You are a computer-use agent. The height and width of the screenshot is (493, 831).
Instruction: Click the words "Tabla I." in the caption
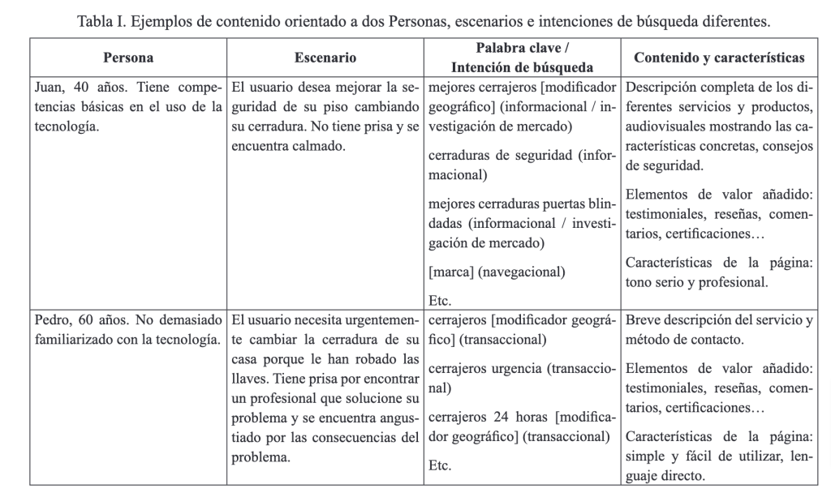tap(102, 21)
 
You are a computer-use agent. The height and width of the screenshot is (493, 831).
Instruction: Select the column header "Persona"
tap(128, 58)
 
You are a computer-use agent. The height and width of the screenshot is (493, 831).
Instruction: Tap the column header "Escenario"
tap(325, 58)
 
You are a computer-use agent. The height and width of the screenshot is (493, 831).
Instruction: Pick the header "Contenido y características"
tap(719, 58)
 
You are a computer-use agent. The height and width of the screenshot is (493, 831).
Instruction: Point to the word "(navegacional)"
tap(522, 272)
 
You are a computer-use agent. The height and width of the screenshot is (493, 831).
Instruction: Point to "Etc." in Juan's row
tap(440, 300)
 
